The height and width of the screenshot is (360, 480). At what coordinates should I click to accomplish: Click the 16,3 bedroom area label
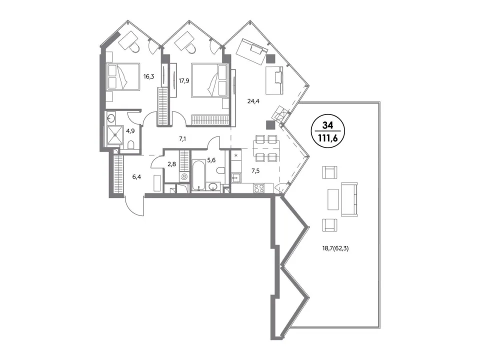click(149, 76)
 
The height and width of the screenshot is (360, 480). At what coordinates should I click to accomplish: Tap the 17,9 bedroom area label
click(184, 81)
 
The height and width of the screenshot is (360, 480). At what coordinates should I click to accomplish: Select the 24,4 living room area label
click(253, 101)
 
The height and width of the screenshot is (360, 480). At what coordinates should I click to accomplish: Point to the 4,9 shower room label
click(130, 131)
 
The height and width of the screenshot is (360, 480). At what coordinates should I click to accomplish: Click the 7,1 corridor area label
click(182, 139)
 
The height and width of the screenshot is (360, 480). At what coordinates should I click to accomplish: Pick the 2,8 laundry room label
click(171, 164)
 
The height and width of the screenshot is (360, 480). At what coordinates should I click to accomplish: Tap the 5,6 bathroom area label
click(211, 160)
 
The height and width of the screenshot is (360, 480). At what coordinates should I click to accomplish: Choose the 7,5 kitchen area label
click(255, 171)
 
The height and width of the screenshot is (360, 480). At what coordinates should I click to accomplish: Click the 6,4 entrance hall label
click(136, 176)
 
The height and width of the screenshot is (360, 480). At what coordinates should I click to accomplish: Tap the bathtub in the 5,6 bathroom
click(199, 175)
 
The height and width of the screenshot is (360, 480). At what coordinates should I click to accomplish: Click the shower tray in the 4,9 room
click(115, 134)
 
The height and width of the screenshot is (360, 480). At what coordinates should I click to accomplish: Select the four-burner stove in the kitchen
click(259, 188)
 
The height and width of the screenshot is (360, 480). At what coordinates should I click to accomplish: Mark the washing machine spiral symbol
click(183, 176)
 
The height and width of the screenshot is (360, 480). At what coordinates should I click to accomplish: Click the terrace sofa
click(349, 199)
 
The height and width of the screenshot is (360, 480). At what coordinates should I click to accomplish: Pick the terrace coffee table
click(333, 199)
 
